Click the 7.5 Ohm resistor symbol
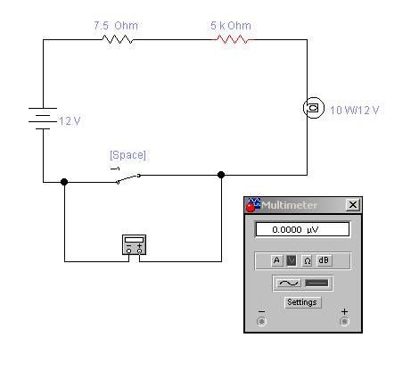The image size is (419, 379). click(x=118, y=39)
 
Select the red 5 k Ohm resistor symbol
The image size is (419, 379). click(x=233, y=39)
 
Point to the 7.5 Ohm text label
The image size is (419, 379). click(x=116, y=26)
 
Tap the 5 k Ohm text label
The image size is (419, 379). click(x=231, y=26)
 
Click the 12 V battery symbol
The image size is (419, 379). click(x=43, y=119)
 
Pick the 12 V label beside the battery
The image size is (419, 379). click(x=70, y=121)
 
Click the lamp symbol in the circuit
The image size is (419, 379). click(x=313, y=108)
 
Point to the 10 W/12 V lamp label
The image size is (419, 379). click(x=355, y=111)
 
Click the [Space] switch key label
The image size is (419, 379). click(x=127, y=155)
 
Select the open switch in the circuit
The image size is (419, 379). click(x=128, y=177)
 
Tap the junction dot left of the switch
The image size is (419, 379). click(x=64, y=182)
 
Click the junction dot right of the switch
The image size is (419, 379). click(x=221, y=175)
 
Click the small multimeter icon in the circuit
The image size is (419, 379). click(x=134, y=244)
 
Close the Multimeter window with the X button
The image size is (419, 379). click(x=353, y=204)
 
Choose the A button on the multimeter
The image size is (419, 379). click(x=276, y=260)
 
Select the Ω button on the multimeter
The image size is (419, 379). click(x=307, y=260)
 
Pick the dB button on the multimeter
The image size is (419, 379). click(x=324, y=260)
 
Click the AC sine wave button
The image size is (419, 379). click(x=288, y=283)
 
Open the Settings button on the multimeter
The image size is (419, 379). click(x=302, y=302)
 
